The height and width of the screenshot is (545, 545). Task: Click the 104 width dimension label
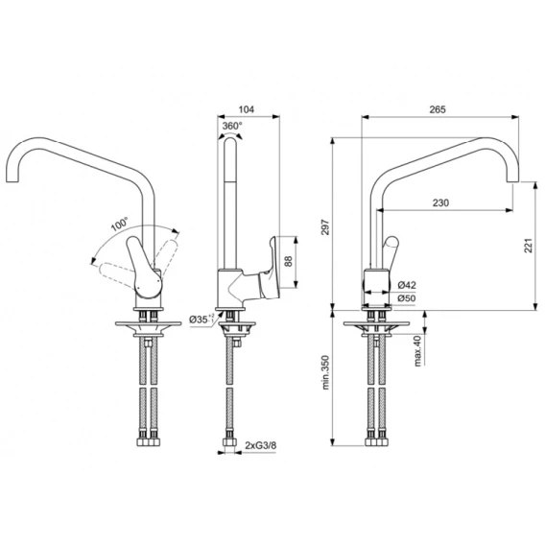click(246, 109)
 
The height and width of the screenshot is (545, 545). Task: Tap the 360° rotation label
click(232, 126)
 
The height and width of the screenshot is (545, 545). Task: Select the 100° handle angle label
click(120, 225)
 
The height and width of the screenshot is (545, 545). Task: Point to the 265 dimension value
click(438, 109)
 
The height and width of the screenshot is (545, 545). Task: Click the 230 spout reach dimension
click(440, 202)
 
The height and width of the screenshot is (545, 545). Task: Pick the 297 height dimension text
click(325, 227)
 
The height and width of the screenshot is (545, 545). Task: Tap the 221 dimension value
click(529, 246)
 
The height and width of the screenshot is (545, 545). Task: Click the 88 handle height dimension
click(289, 261)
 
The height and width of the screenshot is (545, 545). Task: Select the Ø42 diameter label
click(407, 285)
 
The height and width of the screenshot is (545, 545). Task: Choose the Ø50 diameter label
click(407, 298)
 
